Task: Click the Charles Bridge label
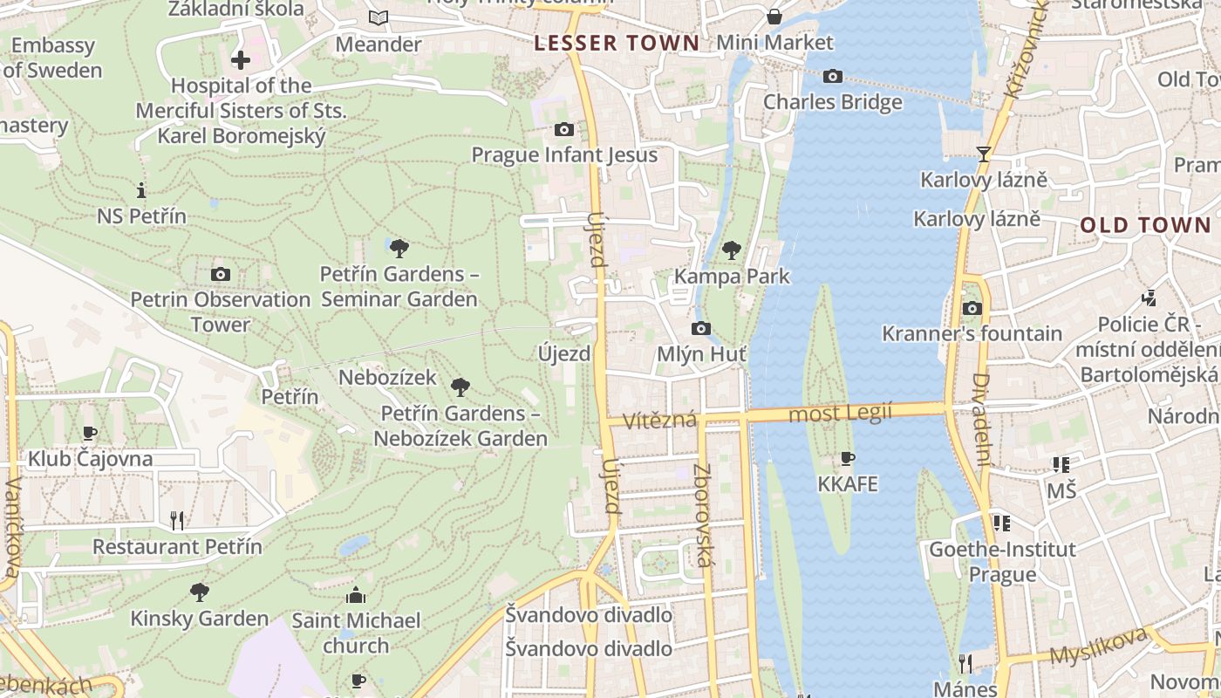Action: coord(833,102)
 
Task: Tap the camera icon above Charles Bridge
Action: coord(833,77)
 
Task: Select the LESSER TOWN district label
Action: coord(617,43)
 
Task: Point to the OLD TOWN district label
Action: coord(1146,225)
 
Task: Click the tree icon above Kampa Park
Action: coord(732,250)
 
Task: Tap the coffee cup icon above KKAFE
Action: coord(847,458)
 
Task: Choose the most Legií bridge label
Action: coord(840,413)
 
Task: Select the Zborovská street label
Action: coord(703,515)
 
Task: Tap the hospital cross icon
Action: coord(241,60)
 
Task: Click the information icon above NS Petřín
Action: coord(141,190)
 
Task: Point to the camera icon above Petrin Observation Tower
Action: coord(221,274)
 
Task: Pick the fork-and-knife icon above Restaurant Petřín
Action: coord(177,521)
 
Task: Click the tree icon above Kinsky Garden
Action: coord(200,592)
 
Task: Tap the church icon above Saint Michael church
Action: coord(356,595)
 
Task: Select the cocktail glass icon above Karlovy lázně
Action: coord(984,154)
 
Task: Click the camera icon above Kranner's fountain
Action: coord(972,308)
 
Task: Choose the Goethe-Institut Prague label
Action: coord(1002,562)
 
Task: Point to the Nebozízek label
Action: coord(387,378)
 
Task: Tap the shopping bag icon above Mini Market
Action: coord(774,17)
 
